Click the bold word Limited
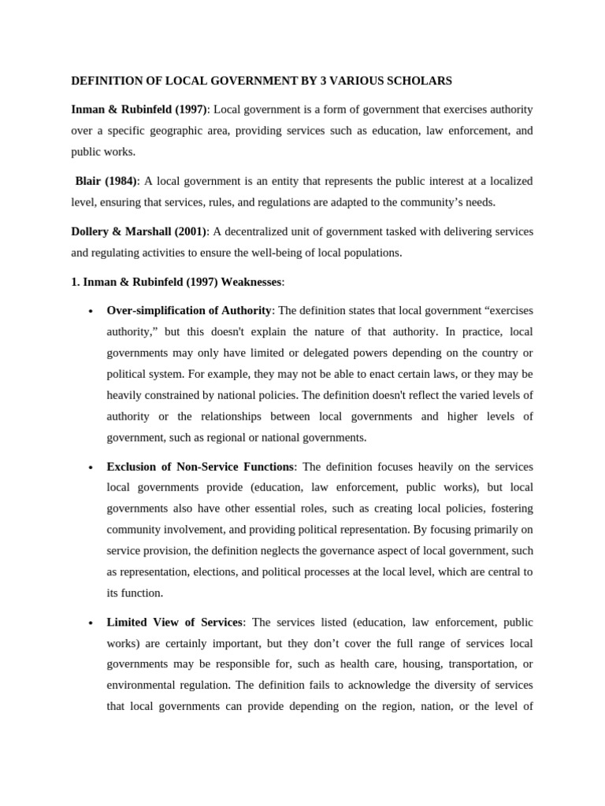coord(128,623)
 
